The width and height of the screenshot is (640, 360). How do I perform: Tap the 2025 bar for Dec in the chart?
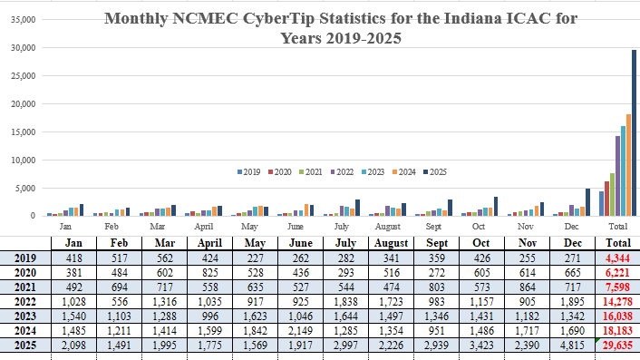[587, 202]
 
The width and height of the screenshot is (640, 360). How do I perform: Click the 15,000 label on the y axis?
[21, 131]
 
